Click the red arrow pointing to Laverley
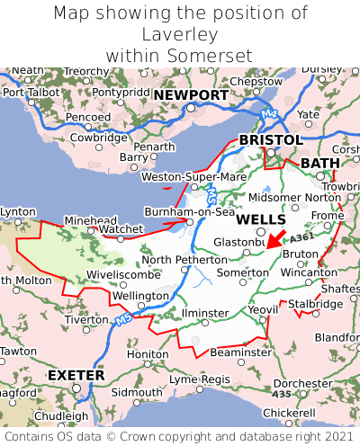click(276, 238)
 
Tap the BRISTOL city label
click(270, 140)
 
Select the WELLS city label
click(261, 219)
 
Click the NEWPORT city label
click(191, 95)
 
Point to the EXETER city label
click(76, 374)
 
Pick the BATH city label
click(321, 163)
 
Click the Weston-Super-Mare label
click(193, 177)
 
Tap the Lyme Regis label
click(201, 379)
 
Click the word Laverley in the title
click(180, 34)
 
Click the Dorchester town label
click(302, 383)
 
